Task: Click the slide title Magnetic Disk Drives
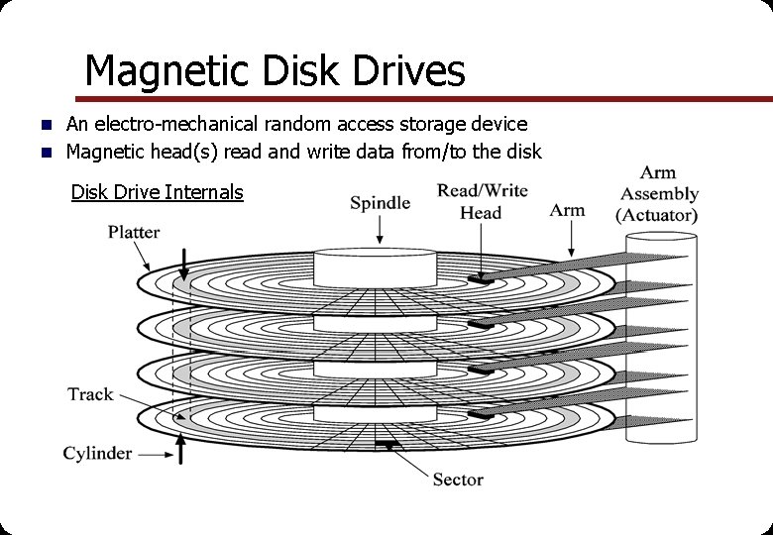point(275,71)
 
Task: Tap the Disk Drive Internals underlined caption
point(157,192)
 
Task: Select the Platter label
point(134,232)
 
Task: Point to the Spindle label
point(380,203)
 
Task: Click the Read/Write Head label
point(482,201)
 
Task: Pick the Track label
point(90,394)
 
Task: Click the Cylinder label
point(97,454)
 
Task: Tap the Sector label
point(458,480)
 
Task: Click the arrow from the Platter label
point(143,259)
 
